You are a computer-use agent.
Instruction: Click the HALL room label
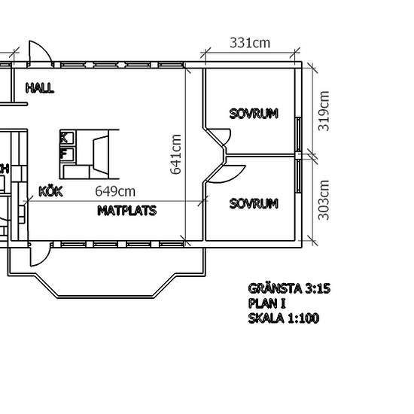pos(40,88)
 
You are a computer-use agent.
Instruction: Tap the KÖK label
pos(50,191)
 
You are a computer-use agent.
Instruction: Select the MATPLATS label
pos(127,211)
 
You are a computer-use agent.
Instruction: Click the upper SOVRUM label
pos(254,114)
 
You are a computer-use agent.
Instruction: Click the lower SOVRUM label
pos(254,203)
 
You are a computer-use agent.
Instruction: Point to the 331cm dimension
pos(250,43)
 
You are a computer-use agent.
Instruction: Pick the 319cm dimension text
pos(324,111)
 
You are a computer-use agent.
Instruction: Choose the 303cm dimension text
pos(324,200)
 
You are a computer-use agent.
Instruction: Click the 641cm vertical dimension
pos(175,154)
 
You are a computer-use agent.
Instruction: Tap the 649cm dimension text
pos(115,191)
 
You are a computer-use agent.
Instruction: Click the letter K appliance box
pos(68,138)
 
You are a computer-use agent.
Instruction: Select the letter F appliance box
pos(68,154)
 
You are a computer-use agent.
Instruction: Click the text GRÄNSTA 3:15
pos(289,288)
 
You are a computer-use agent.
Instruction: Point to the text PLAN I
pos(267,303)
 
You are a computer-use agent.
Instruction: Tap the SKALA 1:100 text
pos(284,318)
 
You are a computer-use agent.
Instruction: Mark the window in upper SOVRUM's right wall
pos(298,135)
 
